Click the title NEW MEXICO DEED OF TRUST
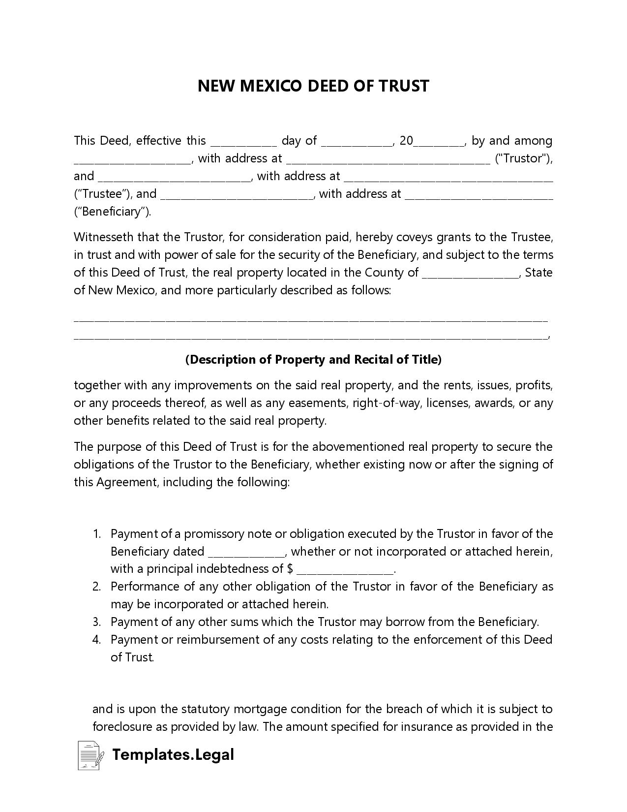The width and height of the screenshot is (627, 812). [313, 86]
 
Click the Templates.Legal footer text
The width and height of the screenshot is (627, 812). [173, 754]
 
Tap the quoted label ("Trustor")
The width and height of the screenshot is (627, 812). [523, 158]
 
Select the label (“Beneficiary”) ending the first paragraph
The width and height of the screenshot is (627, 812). [113, 212]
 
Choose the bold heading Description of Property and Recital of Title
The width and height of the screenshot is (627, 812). [313, 360]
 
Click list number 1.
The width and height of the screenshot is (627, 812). [97, 534]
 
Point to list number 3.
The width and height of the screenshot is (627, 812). [97, 622]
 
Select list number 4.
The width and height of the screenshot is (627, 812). [97, 640]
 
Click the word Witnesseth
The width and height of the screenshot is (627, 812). [103, 237]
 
